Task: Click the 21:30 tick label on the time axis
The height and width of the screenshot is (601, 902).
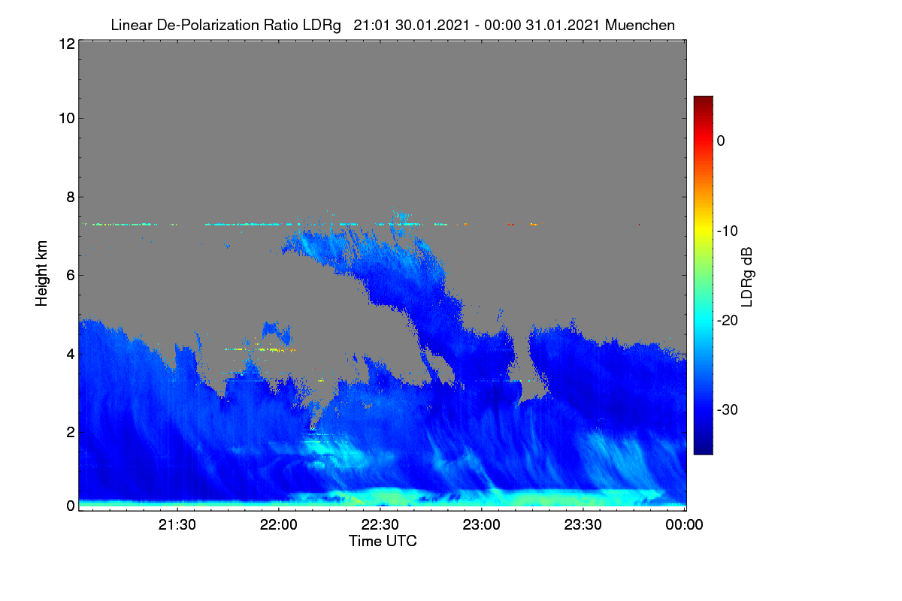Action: tap(177, 525)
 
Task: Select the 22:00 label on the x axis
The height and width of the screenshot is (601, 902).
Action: tap(279, 525)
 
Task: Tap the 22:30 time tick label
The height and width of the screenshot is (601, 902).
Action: tap(380, 525)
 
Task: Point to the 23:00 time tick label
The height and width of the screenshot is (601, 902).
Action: tap(481, 525)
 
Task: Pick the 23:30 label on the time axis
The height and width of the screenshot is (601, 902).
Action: tap(583, 525)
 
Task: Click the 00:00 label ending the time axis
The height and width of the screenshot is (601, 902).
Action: tap(684, 525)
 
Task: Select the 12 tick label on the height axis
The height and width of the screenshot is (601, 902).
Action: tap(67, 44)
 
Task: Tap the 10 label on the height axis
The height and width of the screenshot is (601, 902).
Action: tap(67, 119)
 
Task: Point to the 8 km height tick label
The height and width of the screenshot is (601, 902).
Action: tap(71, 198)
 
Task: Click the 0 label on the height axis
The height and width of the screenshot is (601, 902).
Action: tap(71, 506)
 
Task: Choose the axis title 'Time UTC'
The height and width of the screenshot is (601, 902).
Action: tap(383, 542)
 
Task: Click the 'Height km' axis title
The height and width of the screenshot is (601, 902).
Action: tap(41, 273)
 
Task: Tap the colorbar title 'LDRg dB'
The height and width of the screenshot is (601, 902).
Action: tap(746, 277)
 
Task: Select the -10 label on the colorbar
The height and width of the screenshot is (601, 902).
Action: tap(728, 231)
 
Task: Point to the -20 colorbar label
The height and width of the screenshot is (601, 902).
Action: tap(728, 321)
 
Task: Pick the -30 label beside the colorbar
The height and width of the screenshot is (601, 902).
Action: tap(728, 409)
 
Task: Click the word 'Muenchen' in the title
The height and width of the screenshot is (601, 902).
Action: tap(640, 26)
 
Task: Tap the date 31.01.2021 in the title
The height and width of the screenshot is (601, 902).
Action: tap(563, 26)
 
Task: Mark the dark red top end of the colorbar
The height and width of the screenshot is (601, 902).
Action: tap(703, 98)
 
